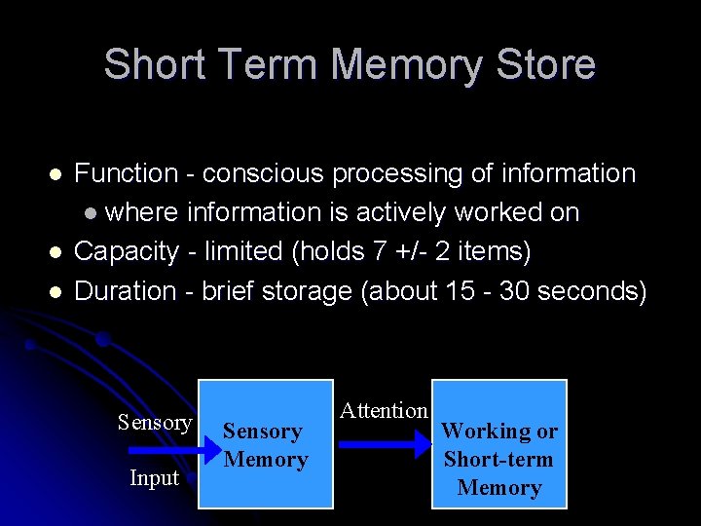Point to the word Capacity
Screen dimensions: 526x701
pos(127,251)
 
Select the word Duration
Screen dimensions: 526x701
pos(126,290)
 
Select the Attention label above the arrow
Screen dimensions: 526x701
pos(384,411)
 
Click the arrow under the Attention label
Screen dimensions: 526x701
pos(386,444)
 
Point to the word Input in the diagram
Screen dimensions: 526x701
pos(156,477)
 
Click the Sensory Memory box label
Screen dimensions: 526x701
pos(264,445)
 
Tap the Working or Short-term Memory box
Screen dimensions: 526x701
pos(498,459)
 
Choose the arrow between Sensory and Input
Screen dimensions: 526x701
pos(162,450)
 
